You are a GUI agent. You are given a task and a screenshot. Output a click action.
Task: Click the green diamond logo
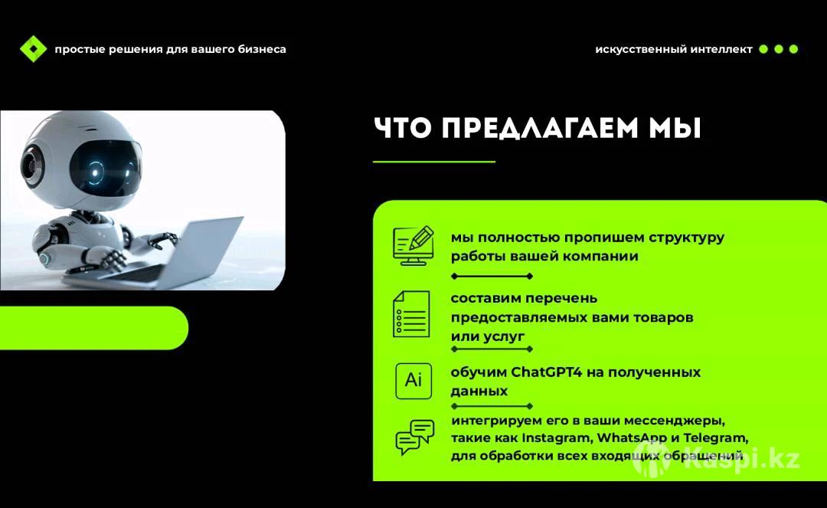[33, 49]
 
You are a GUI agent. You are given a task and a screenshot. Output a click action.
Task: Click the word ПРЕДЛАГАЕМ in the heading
[539, 128]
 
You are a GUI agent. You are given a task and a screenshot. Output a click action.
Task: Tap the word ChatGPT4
[547, 372]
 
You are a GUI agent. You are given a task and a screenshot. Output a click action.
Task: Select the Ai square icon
[413, 380]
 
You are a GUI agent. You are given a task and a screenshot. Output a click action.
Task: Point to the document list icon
[411, 314]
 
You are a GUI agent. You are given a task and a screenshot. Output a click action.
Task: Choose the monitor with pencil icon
[413, 246]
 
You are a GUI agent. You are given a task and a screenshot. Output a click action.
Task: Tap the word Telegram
[716, 438]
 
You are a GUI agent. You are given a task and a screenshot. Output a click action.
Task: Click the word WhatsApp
[632, 438]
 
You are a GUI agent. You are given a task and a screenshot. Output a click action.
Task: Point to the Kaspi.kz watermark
[717, 458]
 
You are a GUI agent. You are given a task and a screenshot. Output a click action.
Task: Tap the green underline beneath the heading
[434, 162]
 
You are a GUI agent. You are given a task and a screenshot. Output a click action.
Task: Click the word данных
[479, 392]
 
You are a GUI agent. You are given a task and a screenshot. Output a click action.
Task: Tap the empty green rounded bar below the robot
[94, 328]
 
